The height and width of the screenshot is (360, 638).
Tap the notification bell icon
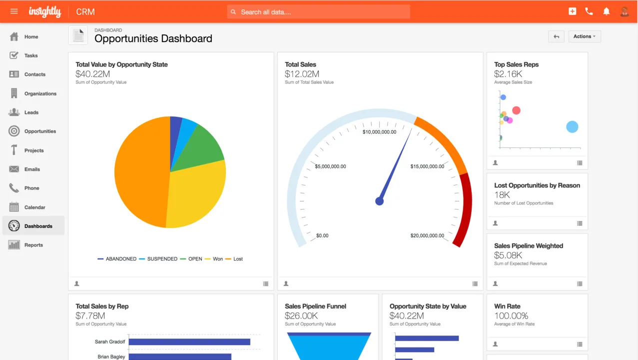click(x=606, y=11)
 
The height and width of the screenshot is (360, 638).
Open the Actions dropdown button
click(x=584, y=36)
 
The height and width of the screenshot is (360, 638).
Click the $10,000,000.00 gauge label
click(x=379, y=132)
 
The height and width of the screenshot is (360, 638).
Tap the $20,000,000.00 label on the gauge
click(x=427, y=235)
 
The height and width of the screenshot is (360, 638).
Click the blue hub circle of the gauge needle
click(x=379, y=201)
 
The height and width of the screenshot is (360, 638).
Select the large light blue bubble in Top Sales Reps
click(x=572, y=127)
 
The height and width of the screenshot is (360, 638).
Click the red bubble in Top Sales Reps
click(x=516, y=110)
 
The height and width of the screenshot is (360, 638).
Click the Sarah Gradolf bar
click(x=189, y=342)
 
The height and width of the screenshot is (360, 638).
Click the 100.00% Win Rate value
click(x=511, y=316)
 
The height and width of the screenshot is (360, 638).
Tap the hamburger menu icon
click(x=14, y=11)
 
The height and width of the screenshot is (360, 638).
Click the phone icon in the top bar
click(x=589, y=11)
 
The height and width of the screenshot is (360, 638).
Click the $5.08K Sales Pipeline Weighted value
click(x=508, y=255)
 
